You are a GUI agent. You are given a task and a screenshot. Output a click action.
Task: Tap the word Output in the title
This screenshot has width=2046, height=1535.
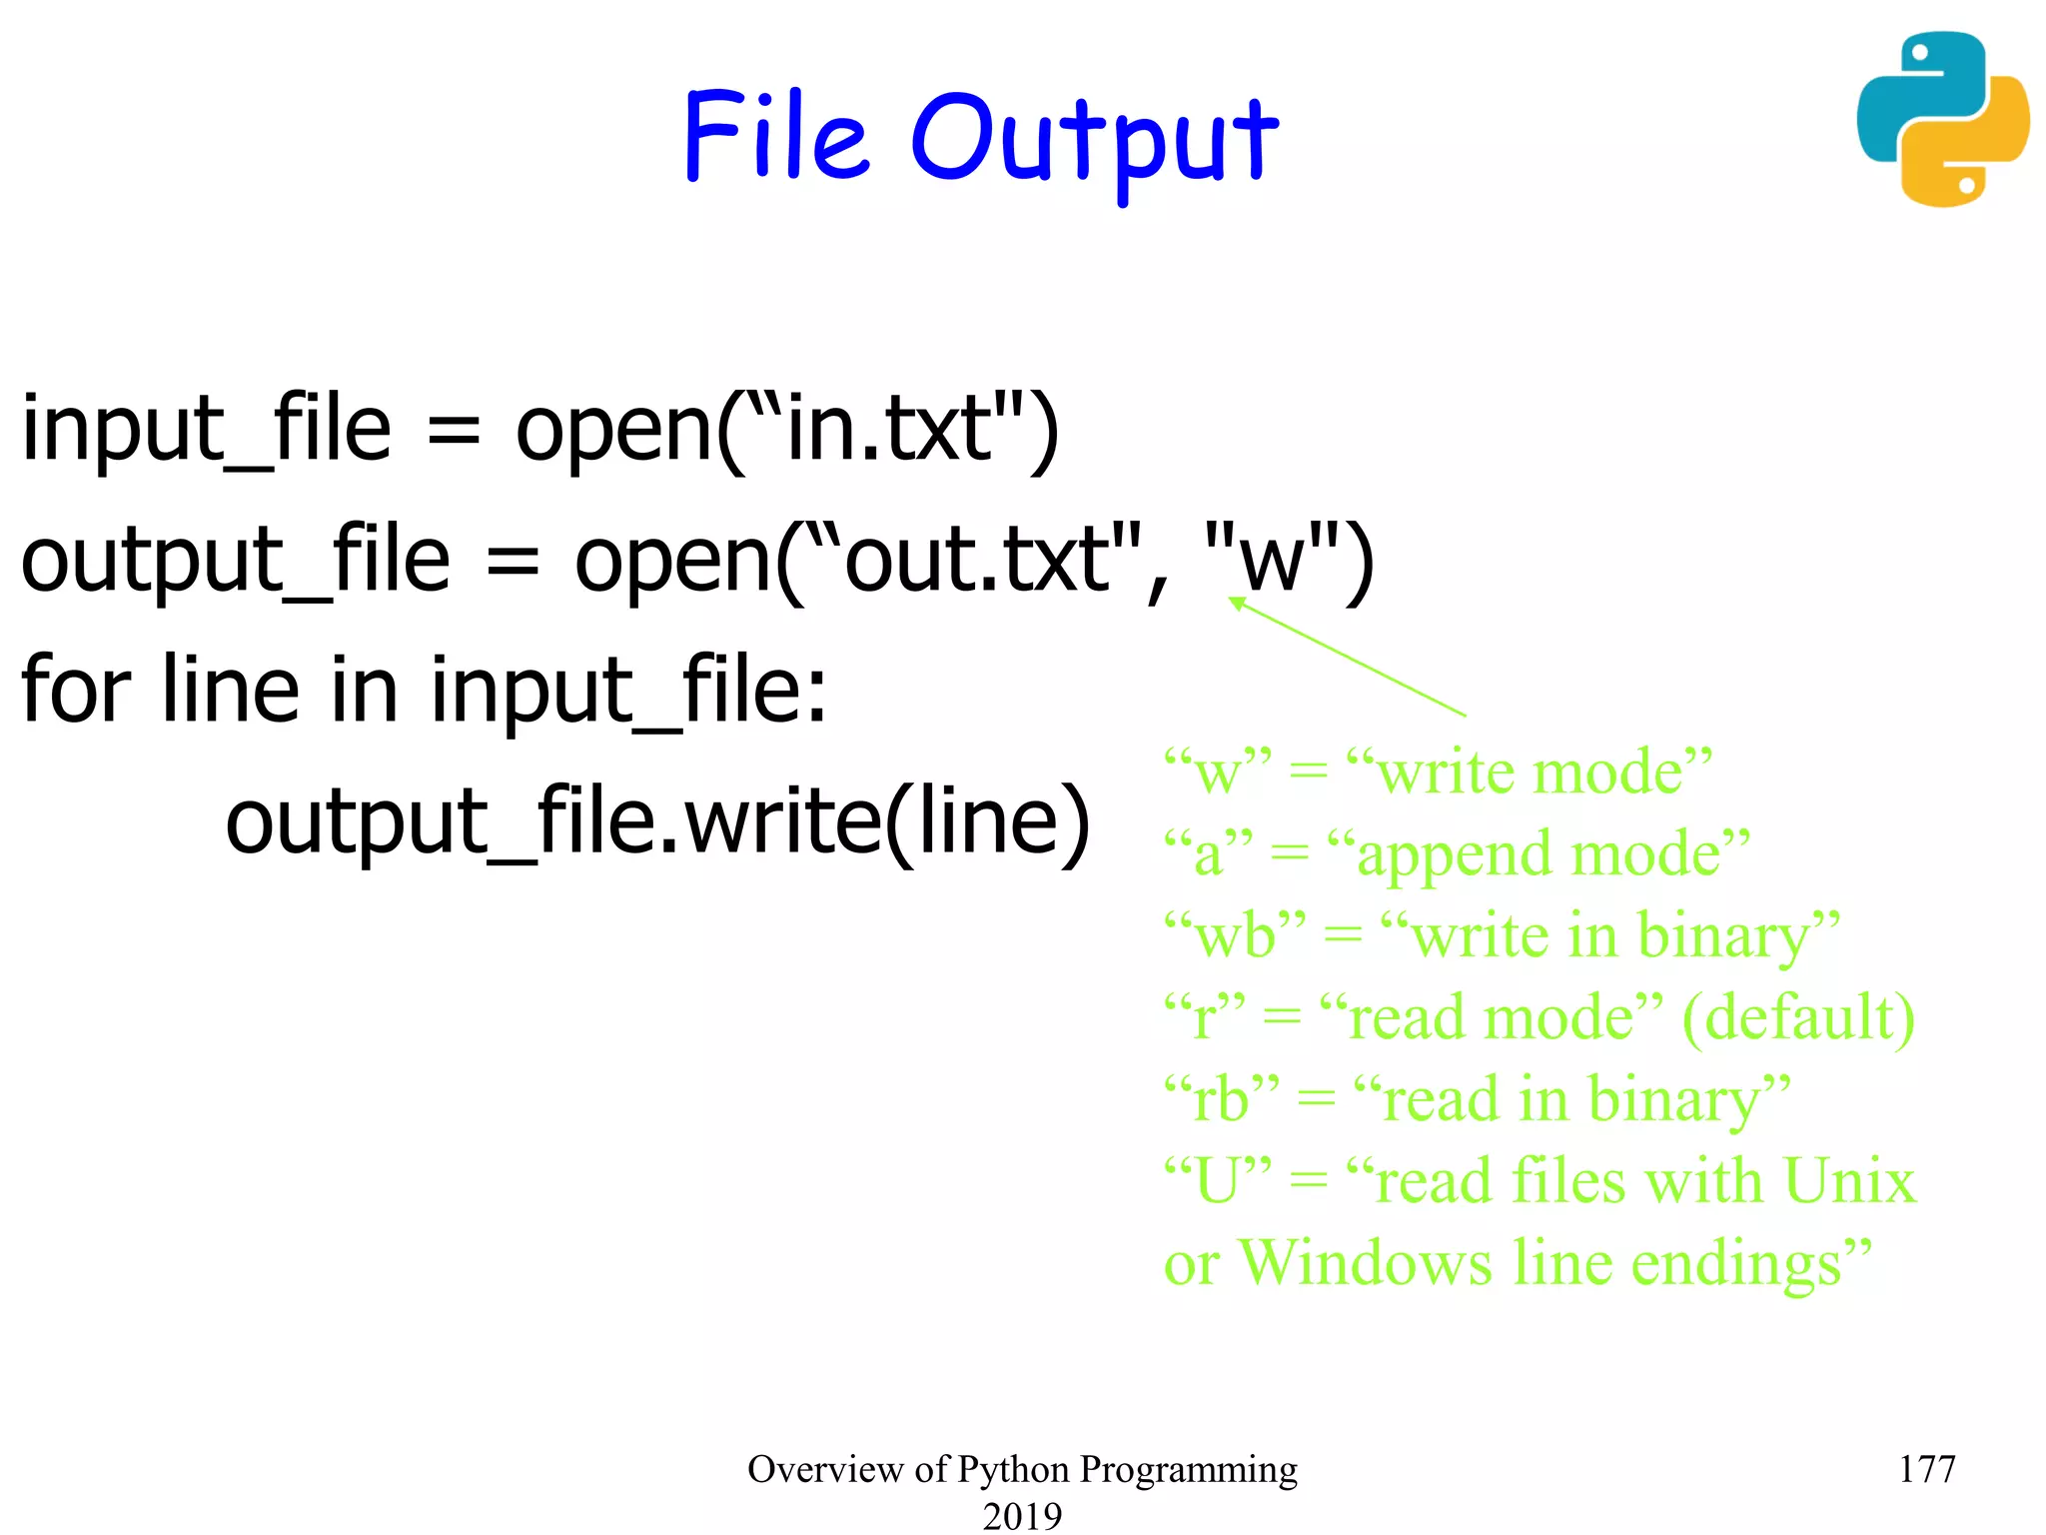(x=1094, y=140)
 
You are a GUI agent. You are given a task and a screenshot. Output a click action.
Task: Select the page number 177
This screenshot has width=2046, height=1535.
(x=1926, y=1469)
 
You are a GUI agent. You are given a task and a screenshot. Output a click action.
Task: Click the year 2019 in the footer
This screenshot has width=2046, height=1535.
(x=1022, y=1515)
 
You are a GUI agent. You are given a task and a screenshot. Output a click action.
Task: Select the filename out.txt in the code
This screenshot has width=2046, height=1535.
(x=978, y=561)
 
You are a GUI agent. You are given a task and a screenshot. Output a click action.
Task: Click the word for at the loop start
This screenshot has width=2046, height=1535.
(x=76, y=690)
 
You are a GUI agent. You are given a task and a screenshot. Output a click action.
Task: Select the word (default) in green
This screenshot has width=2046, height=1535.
(x=1798, y=1018)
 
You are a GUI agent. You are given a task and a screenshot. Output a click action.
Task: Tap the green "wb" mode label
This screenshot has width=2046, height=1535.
(x=1235, y=936)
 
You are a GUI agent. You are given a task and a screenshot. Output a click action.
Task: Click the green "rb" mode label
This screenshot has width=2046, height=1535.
(x=1221, y=1099)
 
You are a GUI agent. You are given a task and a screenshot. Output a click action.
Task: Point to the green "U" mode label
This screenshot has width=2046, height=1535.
(x=1218, y=1181)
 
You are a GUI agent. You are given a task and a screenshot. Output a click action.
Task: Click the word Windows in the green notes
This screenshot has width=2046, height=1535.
(x=1366, y=1263)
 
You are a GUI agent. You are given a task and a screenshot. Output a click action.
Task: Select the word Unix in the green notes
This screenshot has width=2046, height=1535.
(x=1849, y=1181)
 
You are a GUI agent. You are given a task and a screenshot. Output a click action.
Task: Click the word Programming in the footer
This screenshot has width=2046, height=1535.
(x=1188, y=1469)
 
